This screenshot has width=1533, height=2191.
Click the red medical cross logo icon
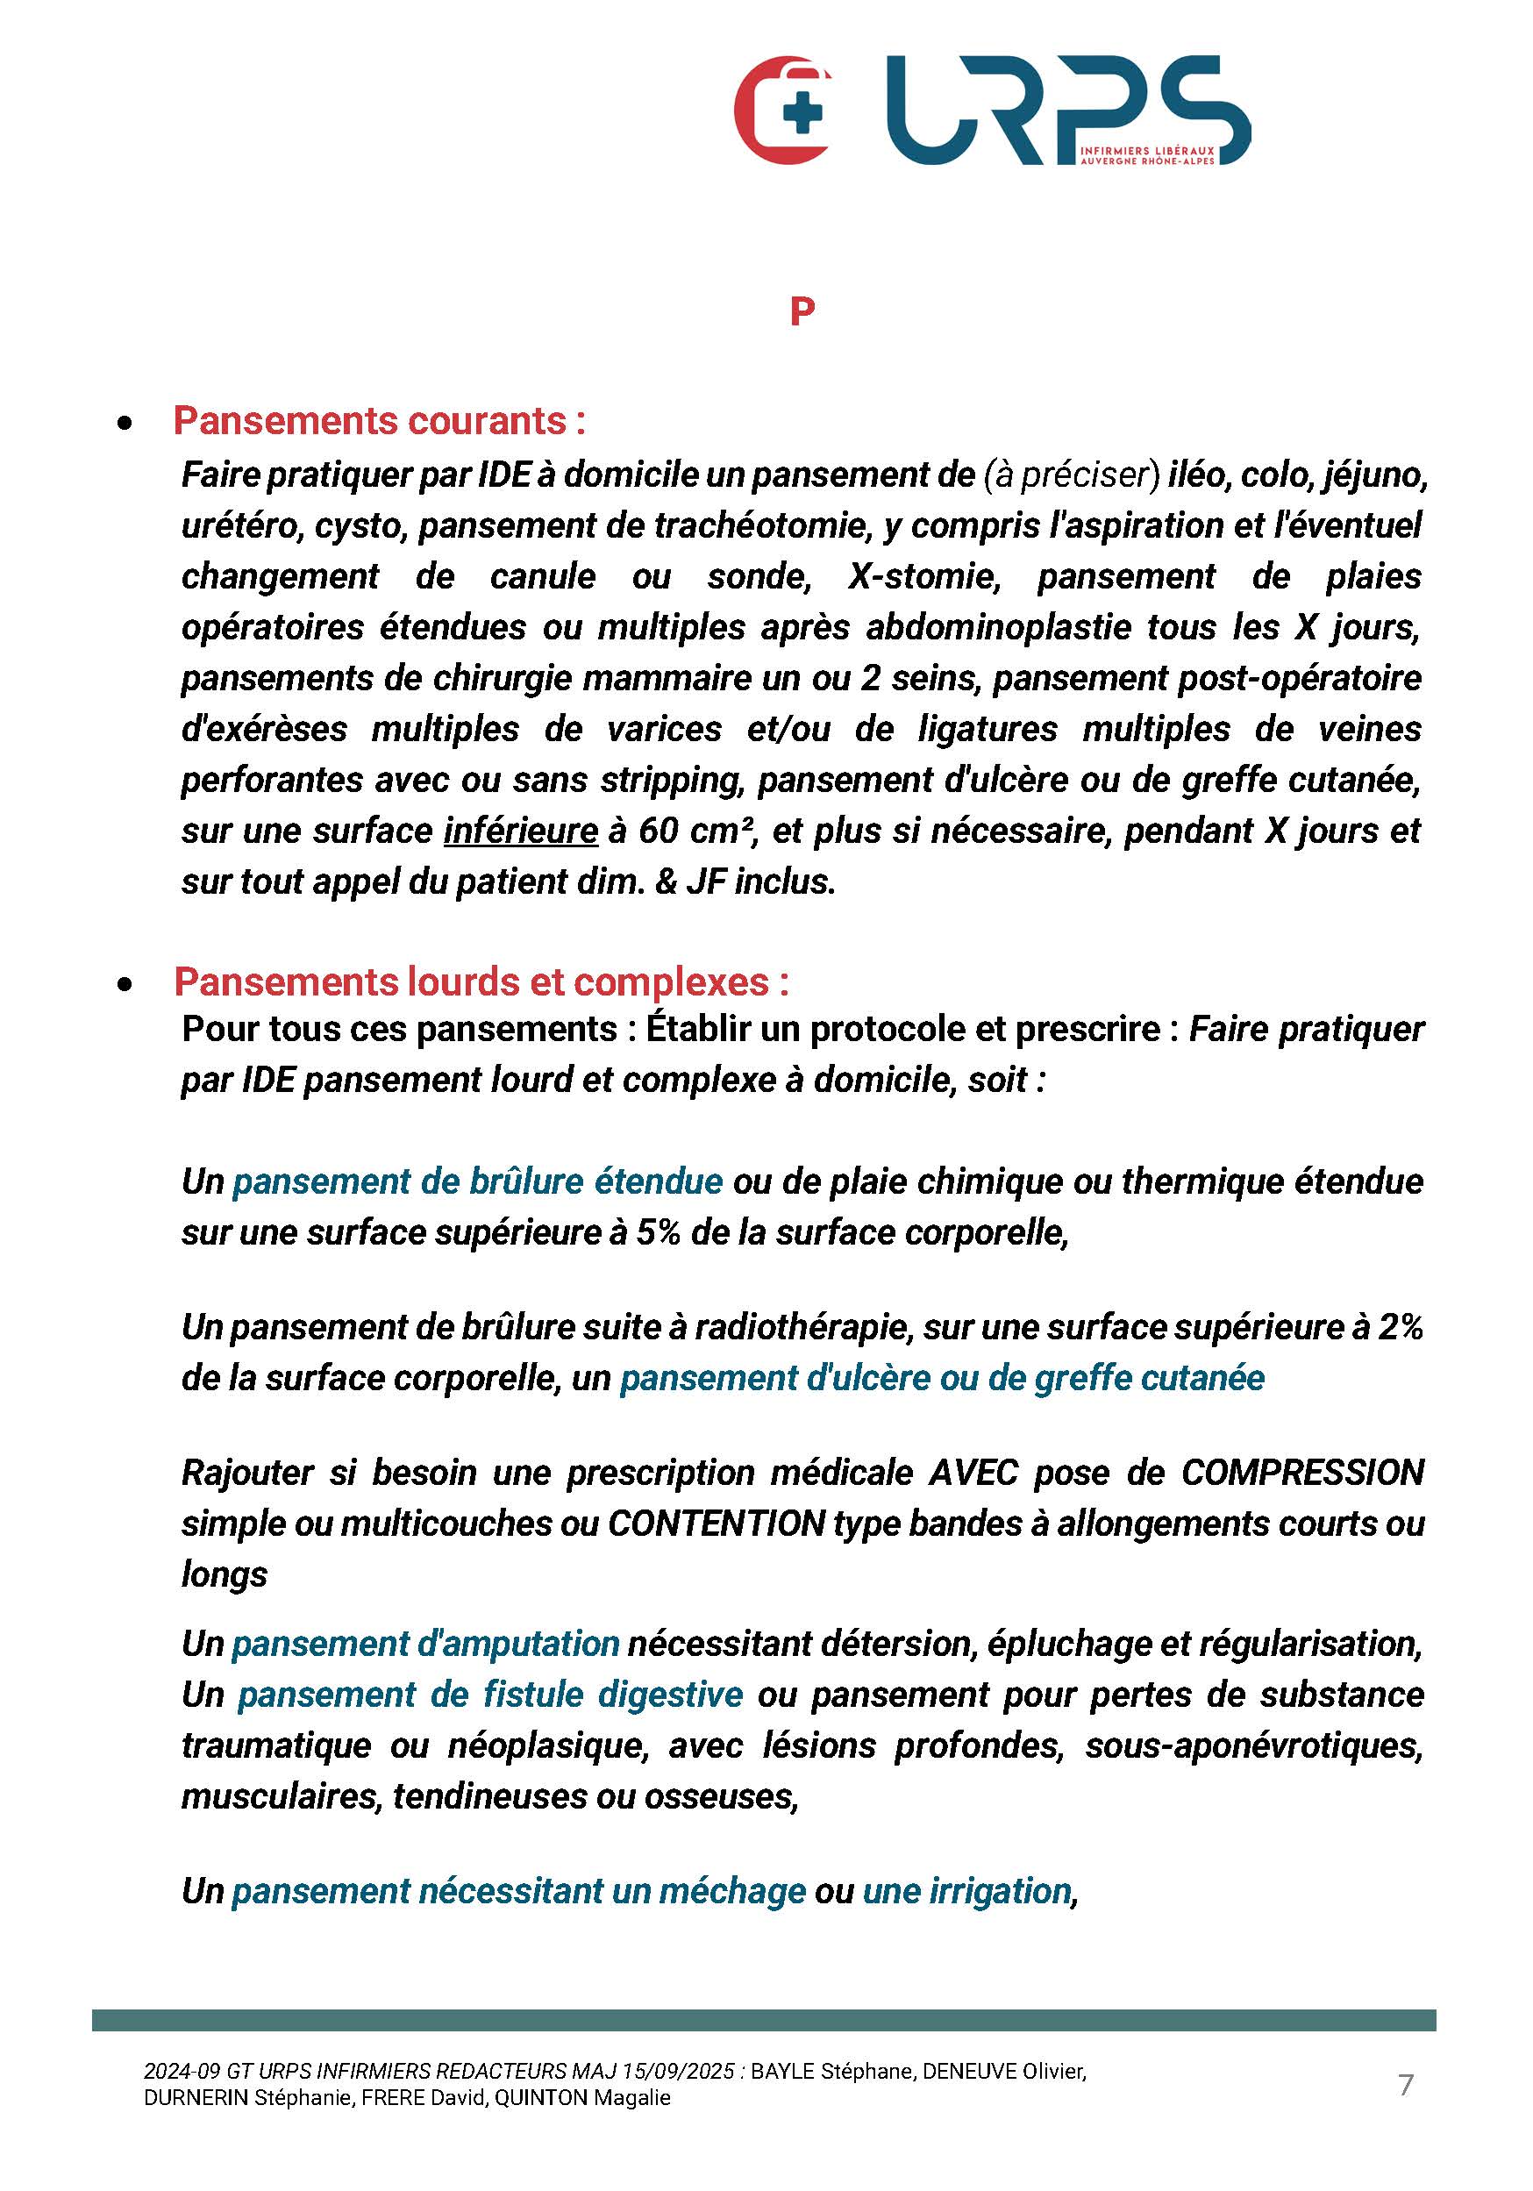point(783,110)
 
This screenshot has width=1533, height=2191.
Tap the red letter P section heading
point(802,311)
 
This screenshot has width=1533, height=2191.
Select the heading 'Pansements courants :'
point(379,421)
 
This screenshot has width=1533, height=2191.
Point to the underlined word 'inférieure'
point(521,831)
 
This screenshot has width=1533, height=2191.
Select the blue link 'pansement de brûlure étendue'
point(477,1181)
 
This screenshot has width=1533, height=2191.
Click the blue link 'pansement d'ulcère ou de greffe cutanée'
point(942,1378)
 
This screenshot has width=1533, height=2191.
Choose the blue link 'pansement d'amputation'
point(425,1644)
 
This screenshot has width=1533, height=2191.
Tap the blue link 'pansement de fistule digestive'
point(489,1695)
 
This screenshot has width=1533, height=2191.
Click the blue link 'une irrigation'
point(967,1890)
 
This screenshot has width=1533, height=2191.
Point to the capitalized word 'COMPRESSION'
point(1302,1473)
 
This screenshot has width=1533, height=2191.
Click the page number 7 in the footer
point(1405,2085)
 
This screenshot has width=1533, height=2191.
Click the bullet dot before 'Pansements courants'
point(124,423)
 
